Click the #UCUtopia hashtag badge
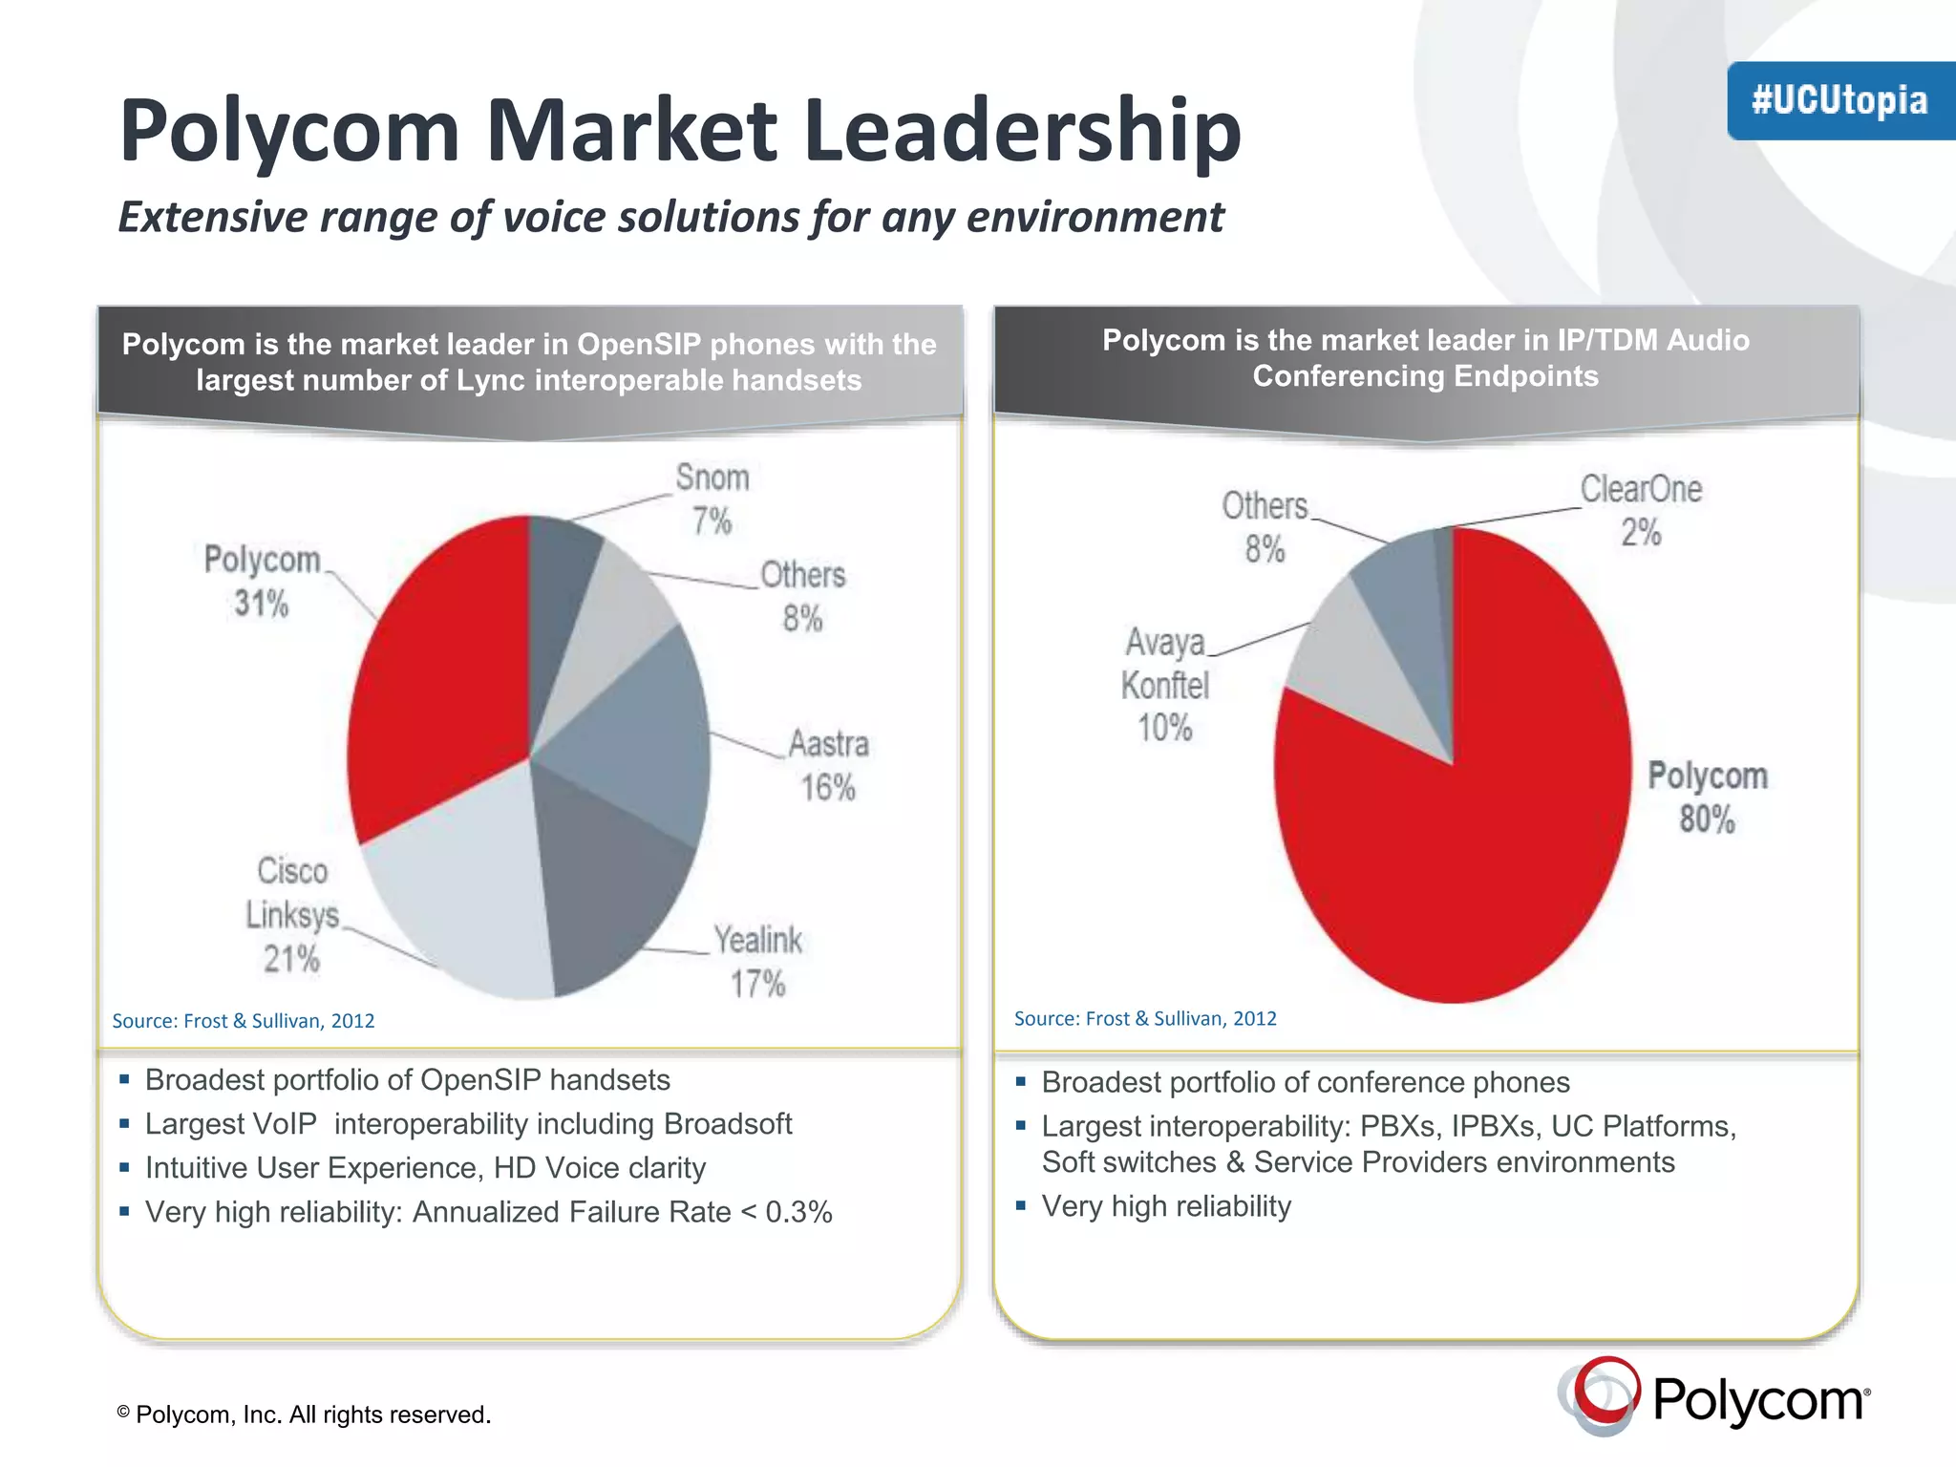tap(1839, 101)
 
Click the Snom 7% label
tap(712, 500)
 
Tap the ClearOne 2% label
tap(1641, 511)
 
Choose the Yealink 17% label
tap(758, 962)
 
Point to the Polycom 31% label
tap(262, 582)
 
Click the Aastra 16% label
tap(828, 766)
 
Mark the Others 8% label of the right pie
tap(1265, 528)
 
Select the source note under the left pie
tap(244, 1021)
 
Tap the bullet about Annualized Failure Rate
tap(488, 1212)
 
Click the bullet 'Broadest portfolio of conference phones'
tap(1305, 1082)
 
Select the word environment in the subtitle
tap(1095, 218)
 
